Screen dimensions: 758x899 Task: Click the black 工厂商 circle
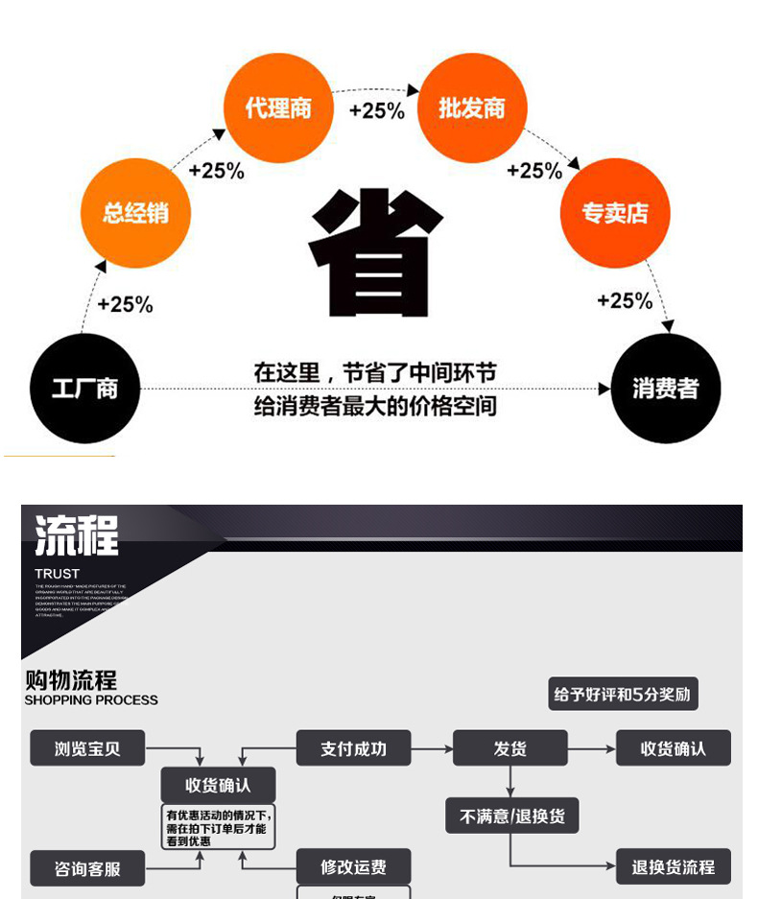(85, 389)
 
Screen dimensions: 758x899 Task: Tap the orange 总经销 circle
(135, 213)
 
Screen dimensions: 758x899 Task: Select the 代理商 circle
(278, 107)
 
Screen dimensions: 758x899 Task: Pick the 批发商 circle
(471, 107)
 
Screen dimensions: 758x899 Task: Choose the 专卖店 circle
(614, 213)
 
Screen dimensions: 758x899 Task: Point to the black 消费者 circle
(665, 389)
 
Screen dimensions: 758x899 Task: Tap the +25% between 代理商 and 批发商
(376, 110)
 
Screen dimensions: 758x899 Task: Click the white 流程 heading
(77, 535)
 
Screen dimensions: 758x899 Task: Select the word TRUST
(58, 574)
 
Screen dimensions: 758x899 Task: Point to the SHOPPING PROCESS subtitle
(91, 700)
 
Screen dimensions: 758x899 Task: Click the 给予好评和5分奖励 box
(623, 694)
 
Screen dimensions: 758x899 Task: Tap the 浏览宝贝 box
(87, 748)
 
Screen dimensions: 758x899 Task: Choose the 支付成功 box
(353, 748)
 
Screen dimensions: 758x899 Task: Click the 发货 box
(509, 748)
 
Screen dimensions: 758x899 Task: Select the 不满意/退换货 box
(512, 816)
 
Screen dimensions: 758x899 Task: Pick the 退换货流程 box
(673, 867)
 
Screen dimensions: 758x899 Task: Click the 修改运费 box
(353, 867)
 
